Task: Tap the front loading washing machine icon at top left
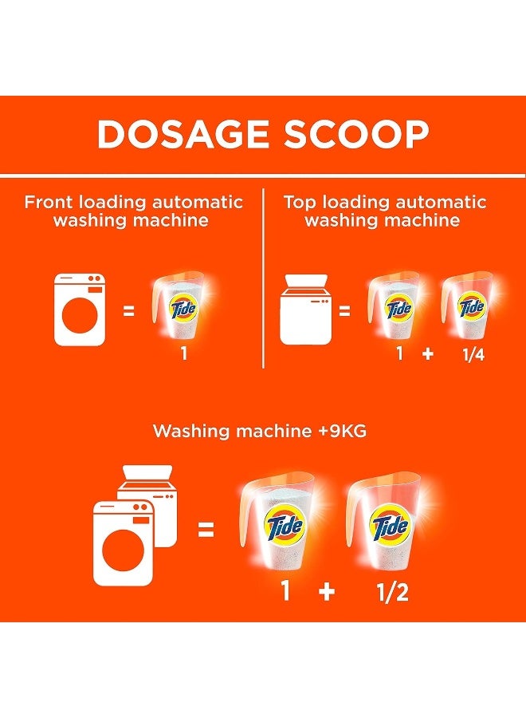coord(80,310)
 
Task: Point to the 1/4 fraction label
coord(473,354)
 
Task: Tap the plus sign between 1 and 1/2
coord(326,594)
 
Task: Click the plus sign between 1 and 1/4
coord(427,354)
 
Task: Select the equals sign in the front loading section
coord(128,310)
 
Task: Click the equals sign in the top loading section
coord(344,310)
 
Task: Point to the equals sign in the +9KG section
coord(206,528)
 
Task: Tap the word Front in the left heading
coord(49,202)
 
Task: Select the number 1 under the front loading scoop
coord(183,354)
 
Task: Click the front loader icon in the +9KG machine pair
coord(123,542)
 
